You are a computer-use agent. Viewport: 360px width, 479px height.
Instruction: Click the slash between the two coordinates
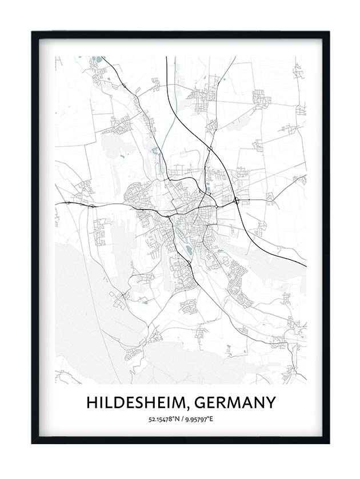[181, 420]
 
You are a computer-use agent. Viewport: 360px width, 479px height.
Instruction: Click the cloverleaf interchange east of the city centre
[235, 200]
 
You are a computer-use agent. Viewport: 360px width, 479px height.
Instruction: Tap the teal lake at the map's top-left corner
[97, 58]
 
